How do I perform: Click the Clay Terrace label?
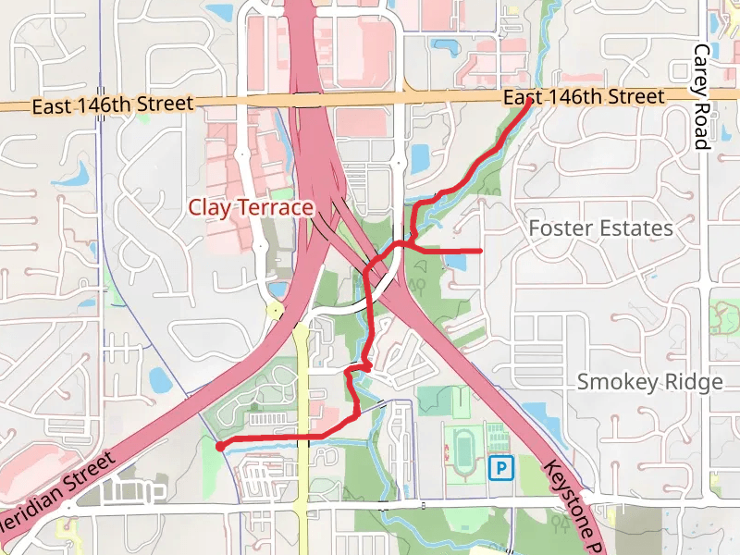[252, 207]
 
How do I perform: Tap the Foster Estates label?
[600, 228]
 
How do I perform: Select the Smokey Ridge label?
[649, 382]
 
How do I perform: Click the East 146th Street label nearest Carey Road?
[583, 97]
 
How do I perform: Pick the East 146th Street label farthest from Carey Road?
[112, 105]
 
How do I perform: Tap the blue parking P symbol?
[500, 469]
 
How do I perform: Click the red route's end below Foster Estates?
[482, 251]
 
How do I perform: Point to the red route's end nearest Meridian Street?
[219, 446]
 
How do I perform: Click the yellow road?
[302, 416]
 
